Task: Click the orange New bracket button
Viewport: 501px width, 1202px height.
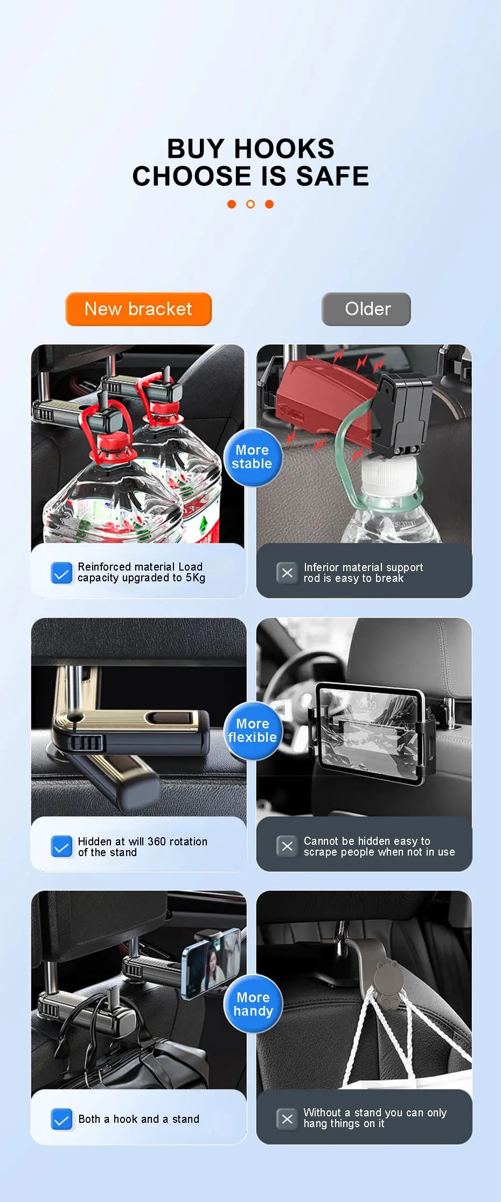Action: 138,309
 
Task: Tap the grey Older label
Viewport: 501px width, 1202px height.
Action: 366,309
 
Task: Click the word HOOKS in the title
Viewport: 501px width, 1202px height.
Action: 284,149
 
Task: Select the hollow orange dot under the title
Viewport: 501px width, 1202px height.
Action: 250,204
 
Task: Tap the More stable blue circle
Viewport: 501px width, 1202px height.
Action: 252,457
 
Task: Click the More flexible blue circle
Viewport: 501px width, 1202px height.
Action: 252,731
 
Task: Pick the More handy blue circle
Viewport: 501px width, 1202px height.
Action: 253,1004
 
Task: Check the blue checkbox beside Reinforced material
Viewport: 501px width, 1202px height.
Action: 61,573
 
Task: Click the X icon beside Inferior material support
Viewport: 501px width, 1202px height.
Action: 287,573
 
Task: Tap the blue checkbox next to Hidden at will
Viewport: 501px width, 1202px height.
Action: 61,846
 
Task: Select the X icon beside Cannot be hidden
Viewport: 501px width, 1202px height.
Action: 287,846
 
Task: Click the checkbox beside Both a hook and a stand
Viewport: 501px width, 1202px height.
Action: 61,1119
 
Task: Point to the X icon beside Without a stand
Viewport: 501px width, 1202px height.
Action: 287,1119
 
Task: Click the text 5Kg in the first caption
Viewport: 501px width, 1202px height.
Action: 196,578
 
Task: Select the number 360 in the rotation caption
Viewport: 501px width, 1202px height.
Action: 157,842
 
